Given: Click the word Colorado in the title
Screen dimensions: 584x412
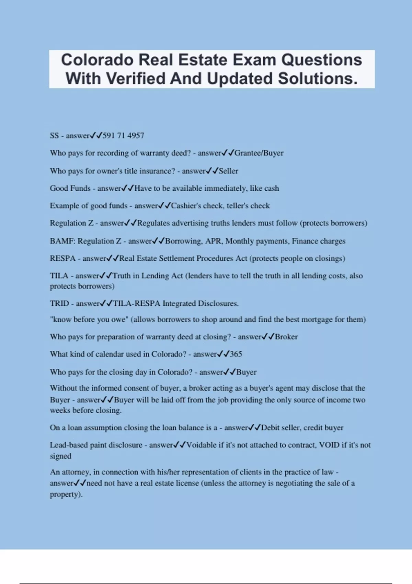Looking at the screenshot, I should (97, 60).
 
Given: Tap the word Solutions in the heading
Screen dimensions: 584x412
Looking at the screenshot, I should (318, 79).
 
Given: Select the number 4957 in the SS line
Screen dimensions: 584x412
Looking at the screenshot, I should (136, 136).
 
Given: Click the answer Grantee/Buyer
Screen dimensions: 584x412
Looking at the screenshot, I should (259, 153).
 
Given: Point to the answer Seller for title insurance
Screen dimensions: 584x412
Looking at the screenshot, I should (228, 171).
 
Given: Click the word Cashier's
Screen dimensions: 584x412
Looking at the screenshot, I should (186, 206).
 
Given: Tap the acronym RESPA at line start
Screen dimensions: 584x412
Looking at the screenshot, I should (62, 258).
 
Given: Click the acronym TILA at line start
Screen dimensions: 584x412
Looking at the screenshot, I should (59, 276).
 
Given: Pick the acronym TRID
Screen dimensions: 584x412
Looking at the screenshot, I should (59, 304).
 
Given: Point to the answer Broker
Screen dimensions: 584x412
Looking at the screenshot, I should (286, 337).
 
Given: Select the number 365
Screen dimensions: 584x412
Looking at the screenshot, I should (236, 354).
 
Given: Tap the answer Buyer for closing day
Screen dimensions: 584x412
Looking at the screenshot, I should (246, 372).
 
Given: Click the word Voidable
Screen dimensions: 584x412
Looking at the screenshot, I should (202, 445).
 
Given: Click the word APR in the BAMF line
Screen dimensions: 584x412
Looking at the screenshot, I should (213, 241).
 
